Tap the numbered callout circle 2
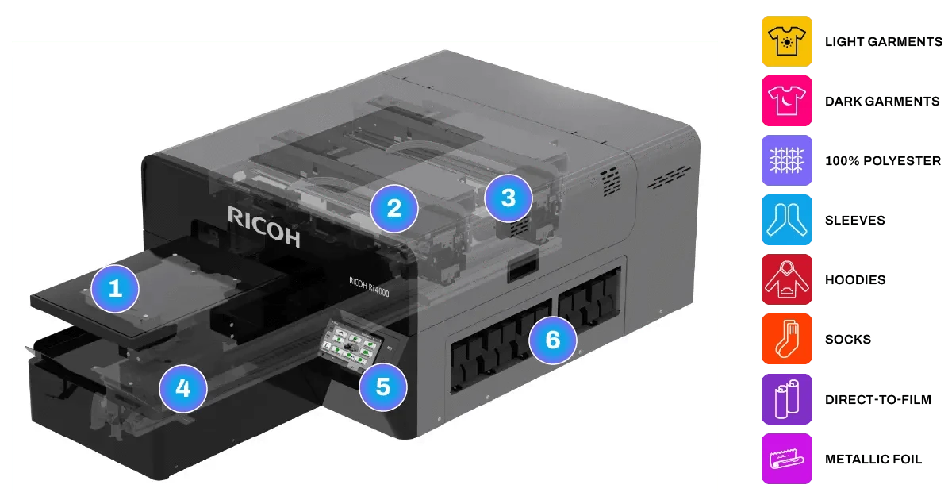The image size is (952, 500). pyautogui.click(x=394, y=208)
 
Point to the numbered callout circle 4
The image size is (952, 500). pyautogui.click(x=183, y=389)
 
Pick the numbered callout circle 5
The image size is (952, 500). pyautogui.click(x=383, y=387)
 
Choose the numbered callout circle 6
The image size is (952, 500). pyautogui.click(x=553, y=340)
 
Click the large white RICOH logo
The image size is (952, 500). pyautogui.click(x=263, y=225)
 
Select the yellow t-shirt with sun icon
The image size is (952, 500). pyautogui.click(x=787, y=40)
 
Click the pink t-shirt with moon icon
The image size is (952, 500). pyautogui.click(x=787, y=100)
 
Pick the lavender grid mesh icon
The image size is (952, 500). pyautogui.click(x=787, y=160)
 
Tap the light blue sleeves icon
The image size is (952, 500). pyautogui.click(x=787, y=220)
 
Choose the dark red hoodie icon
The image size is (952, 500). pyautogui.click(x=787, y=279)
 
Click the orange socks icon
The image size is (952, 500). pyautogui.click(x=787, y=339)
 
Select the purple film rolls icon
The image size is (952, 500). pyautogui.click(x=787, y=399)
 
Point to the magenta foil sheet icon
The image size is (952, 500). pyautogui.click(x=787, y=459)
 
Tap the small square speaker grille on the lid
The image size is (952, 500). pyautogui.click(x=608, y=179)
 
